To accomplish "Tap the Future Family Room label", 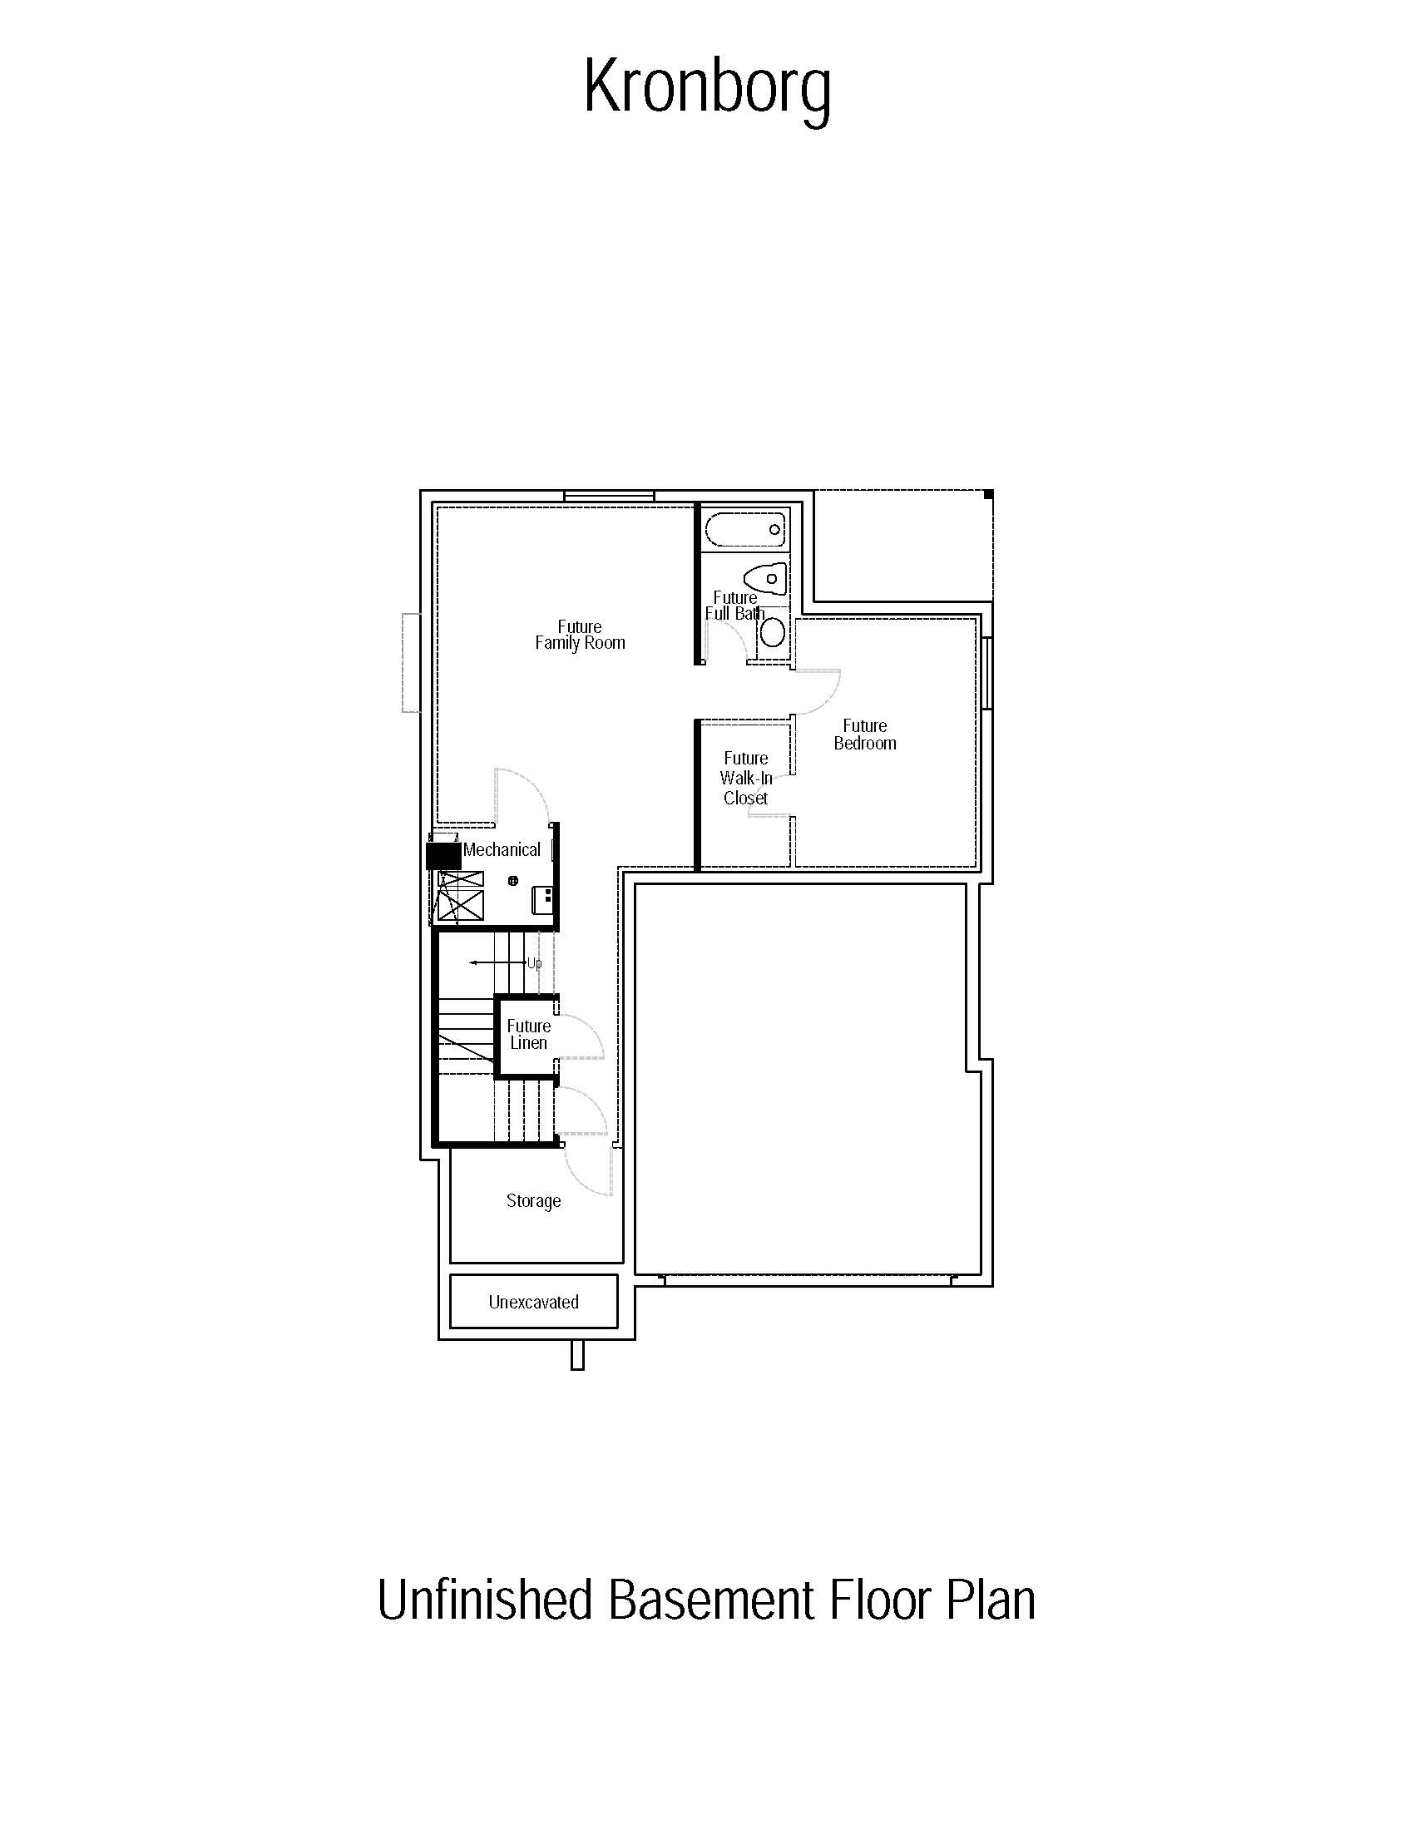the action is coord(580,635).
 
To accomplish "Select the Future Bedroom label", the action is coord(864,734).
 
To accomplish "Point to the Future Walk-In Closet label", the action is coord(745,778).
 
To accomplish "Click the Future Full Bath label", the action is coord(734,605).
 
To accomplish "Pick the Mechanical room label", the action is coord(502,849).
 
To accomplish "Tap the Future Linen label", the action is coord(528,1034).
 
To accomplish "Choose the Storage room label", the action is coord(534,1200).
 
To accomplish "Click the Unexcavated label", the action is coord(534,1301).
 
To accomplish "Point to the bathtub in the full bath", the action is coord(745,529).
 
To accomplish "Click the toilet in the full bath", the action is coord(765,578).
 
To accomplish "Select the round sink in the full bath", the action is coord(772,633).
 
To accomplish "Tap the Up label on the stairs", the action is coord(535,962).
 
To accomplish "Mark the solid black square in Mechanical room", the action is coord(444,855).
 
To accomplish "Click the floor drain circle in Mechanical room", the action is coord(513,881).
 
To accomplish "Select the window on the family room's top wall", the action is coord(609,496).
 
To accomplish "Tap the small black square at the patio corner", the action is coord(988,495).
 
